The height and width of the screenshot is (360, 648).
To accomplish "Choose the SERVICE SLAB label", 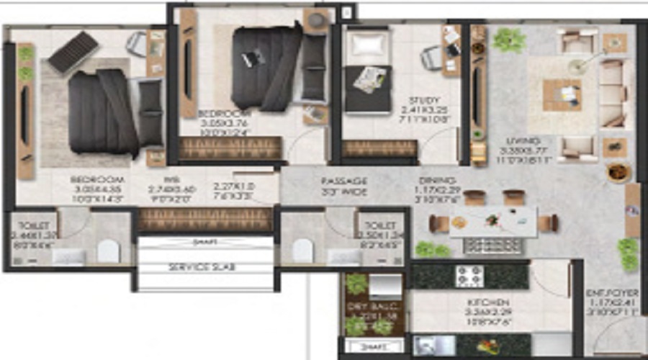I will pyautogui.click(x=202, y=267).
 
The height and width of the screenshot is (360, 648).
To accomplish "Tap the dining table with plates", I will pyautogui.click(x=494, y=222).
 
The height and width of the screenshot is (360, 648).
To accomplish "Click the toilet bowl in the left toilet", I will pyautogui.click(x=108, y=250).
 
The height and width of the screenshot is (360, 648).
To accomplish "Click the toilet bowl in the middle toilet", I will pyautogui.click(x=302, y=251).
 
